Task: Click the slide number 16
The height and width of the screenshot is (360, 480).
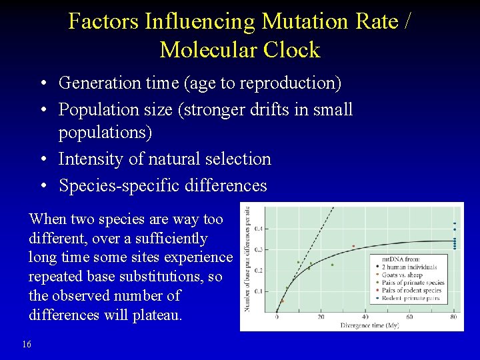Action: tap(26, 343)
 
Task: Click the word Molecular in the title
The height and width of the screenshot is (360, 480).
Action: tap(205, 50)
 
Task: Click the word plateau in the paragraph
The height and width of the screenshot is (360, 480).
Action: tap(157, 315)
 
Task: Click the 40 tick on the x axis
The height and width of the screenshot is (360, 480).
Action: tap(365, 317)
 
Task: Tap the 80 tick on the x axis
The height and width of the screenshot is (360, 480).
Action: tap(454, 317)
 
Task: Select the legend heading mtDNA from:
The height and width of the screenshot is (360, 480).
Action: tap(400, 259)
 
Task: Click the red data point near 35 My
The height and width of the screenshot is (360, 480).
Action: tap(353, 246)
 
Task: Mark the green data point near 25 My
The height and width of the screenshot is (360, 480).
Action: tap(332, 265)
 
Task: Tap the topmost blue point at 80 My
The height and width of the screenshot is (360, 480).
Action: tap(455, 223)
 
